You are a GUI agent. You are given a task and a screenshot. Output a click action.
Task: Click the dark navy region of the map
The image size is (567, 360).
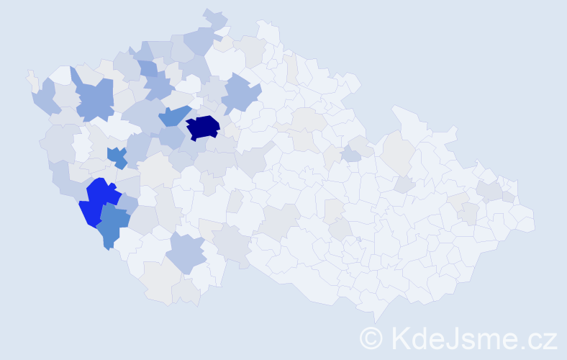pyautogui.click(x=203, y=127)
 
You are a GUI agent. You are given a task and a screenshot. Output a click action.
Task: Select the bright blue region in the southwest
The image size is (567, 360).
pyautogui.click(x=99, y=202)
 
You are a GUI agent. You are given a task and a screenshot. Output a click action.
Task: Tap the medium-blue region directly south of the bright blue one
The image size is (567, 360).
pyautogui.click(x=112, y=225)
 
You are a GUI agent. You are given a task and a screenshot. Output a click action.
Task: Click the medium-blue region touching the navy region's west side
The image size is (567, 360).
pyautogui.click(x=174, y=115)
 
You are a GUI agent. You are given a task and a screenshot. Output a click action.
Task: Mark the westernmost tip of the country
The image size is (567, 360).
pyautogui.click(x=29, y=74)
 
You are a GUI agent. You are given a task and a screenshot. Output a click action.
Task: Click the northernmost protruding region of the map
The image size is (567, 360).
pyautogui.click(x=214, y=16)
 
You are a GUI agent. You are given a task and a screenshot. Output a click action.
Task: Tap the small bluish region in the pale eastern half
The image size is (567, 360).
pyautogui.click(x=351, y=155)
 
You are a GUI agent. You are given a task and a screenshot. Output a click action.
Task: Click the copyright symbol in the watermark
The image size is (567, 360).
pyautogui.click(x=371, y=336)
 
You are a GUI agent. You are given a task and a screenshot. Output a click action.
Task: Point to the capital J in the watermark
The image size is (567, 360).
pyautogui.click(x=452, y=336)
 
